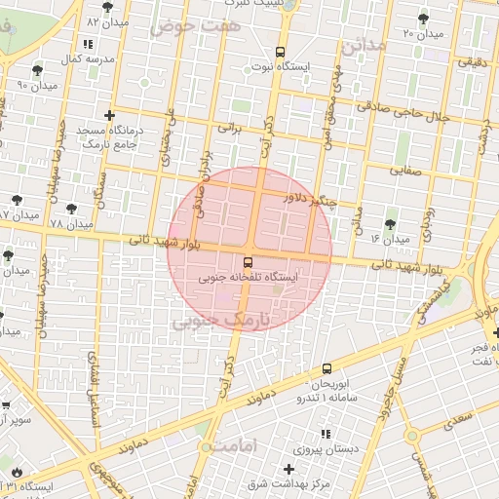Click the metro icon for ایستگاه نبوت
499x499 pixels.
[281, 52]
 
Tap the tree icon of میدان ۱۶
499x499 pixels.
[391, 224]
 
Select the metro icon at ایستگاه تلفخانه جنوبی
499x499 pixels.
[248, 261]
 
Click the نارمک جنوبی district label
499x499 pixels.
[224, 321]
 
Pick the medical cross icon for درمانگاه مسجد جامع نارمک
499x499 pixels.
[109, 115]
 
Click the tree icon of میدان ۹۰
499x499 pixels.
[36, 70]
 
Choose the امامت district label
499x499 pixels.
[230, 445]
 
